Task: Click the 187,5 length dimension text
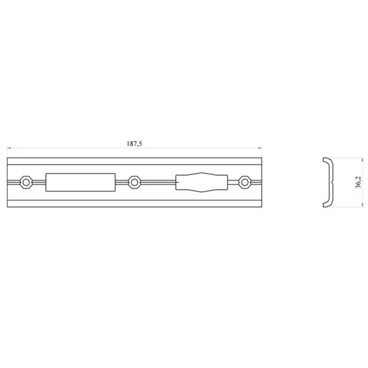(134, 143)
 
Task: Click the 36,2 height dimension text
(358, 182)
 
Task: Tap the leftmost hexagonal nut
(26, 182)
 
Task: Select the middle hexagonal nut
(134, 182)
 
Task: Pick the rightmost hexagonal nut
(245, 182)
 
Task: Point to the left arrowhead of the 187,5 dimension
(9, 148)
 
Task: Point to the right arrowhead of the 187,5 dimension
(260, 148)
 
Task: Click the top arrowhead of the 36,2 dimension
(363, 159)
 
